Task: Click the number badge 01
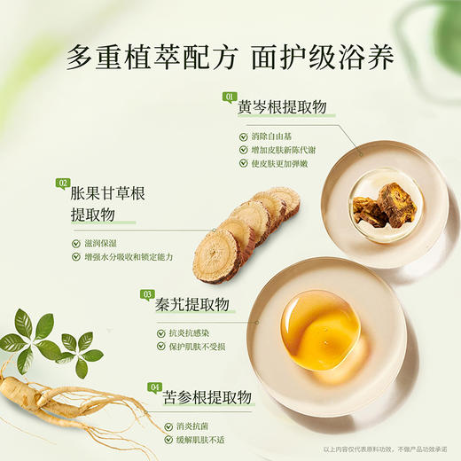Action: tap(230, 96)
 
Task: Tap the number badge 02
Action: tap(63, 184)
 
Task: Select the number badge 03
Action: tap(148, 294)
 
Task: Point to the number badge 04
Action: tap(155, 387)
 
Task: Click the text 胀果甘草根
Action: tap(106, 194)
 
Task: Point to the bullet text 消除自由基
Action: tap(272, 137)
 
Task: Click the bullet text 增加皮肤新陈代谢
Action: tap(285, 151)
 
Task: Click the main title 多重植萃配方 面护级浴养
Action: tap(230, 59)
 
